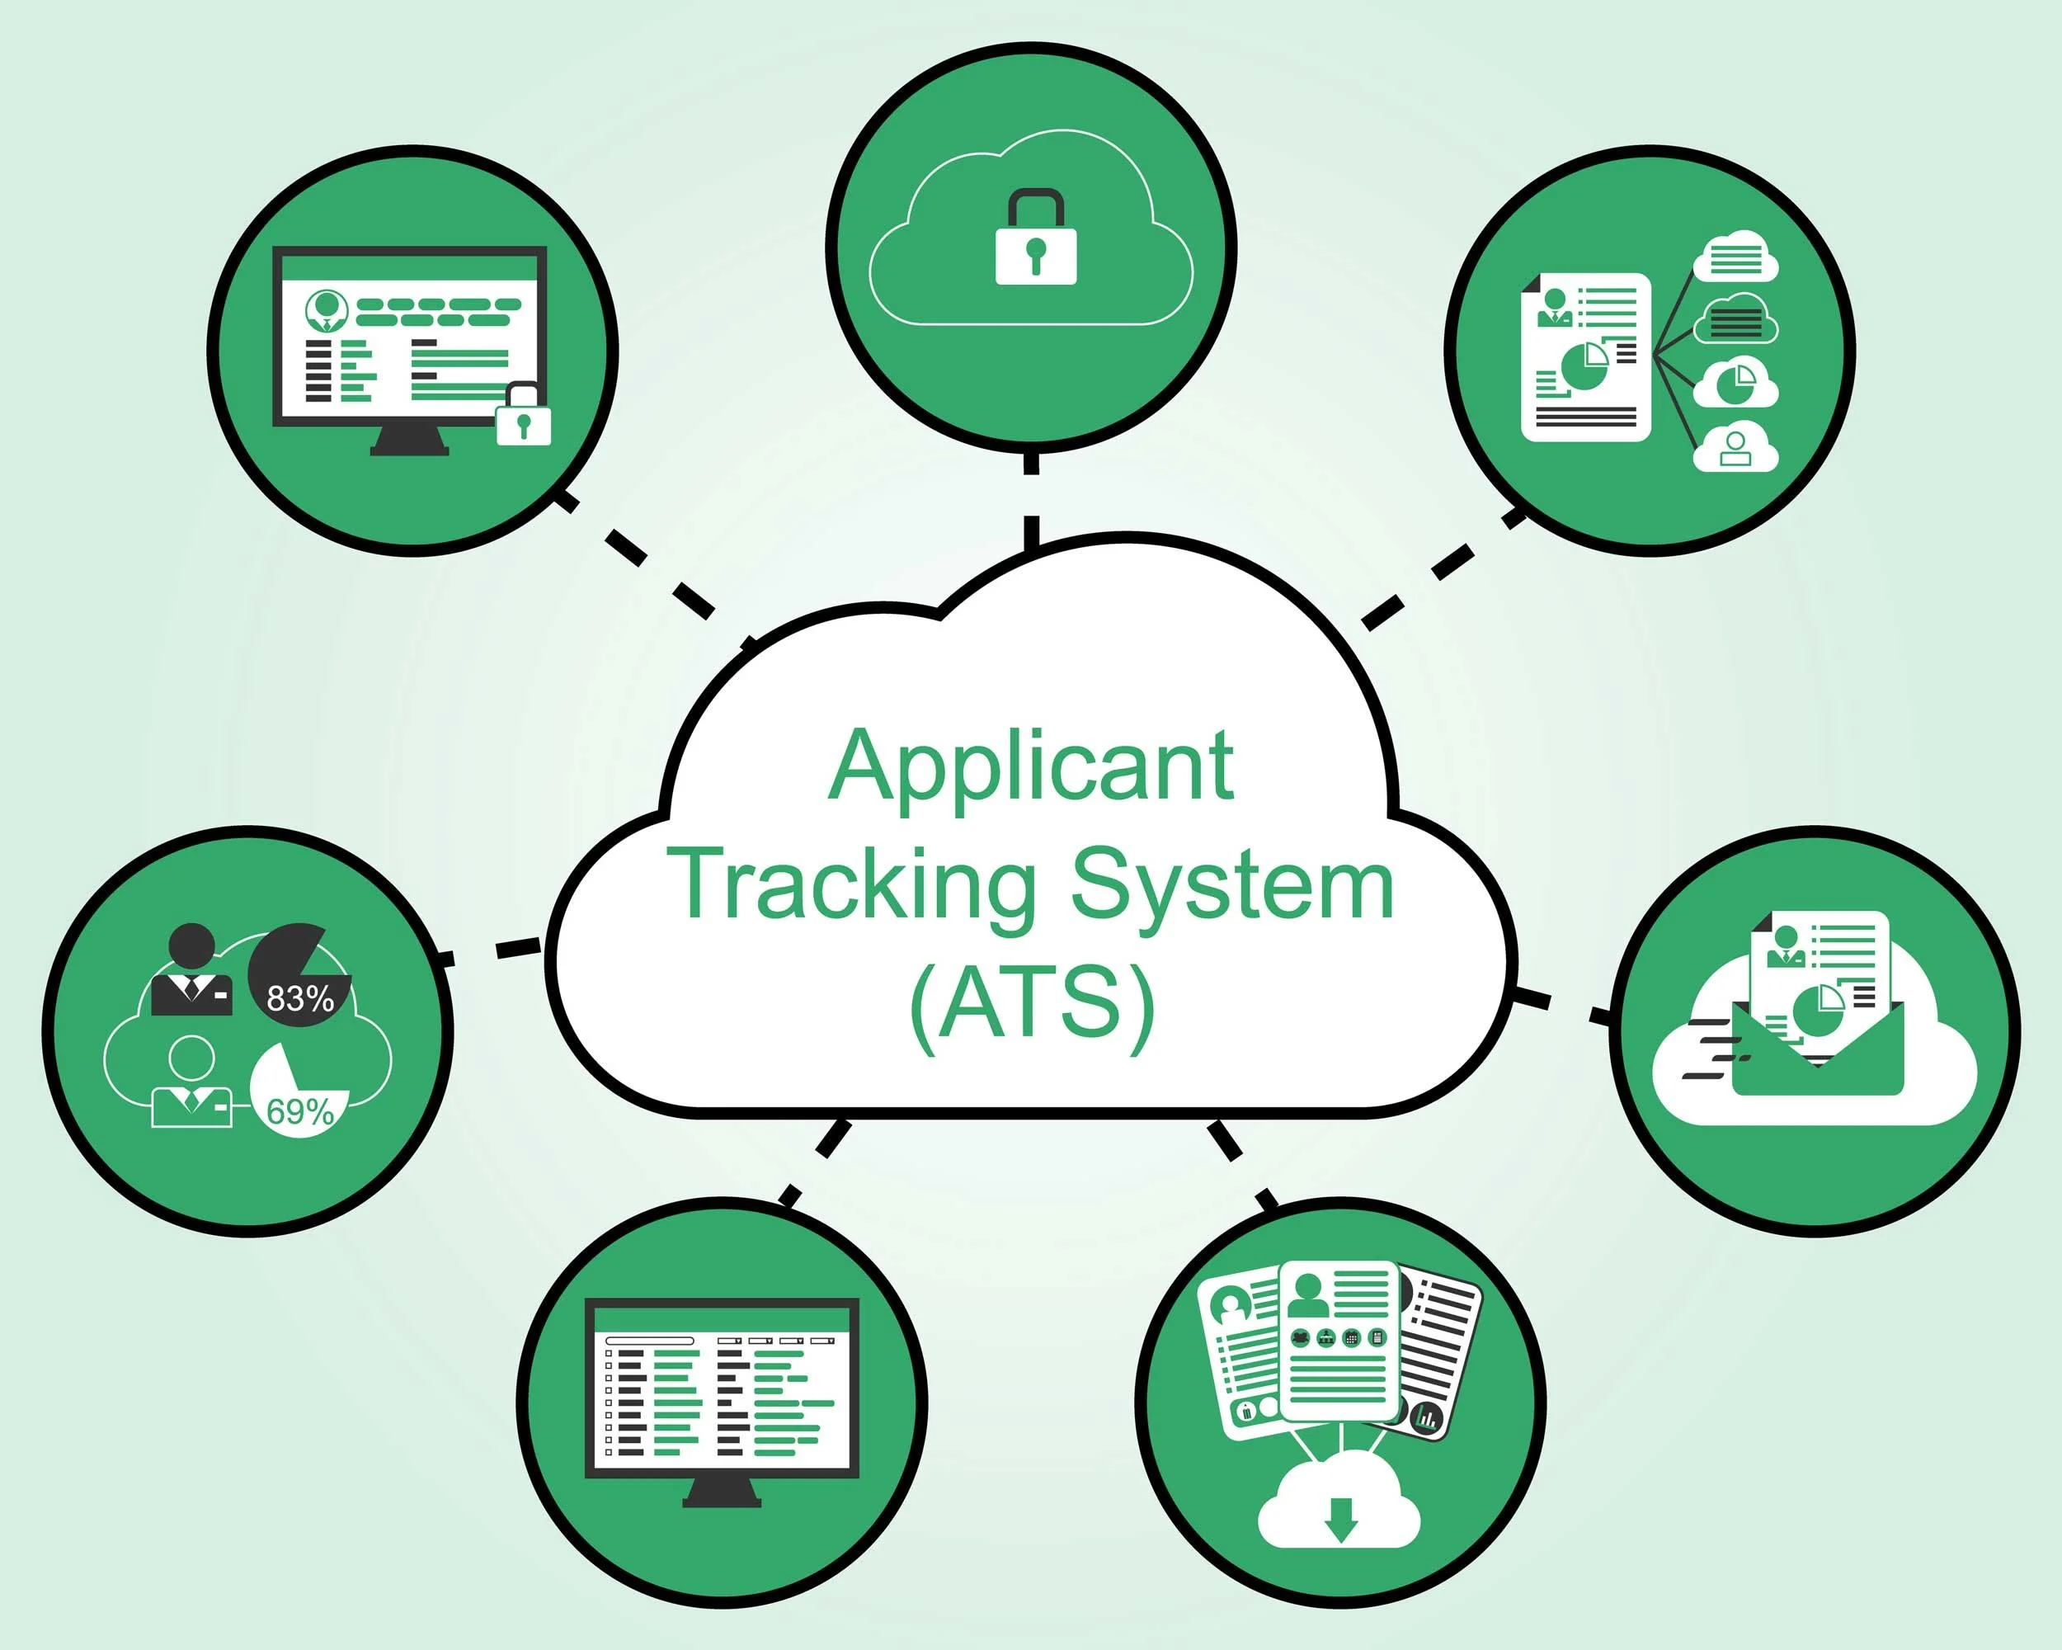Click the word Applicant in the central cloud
coord(1030,768)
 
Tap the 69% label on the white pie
coord(300,1110)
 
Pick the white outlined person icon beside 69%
coord(192,1082)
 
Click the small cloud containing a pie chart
coord(1735,384)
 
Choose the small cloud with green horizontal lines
coord(1735,257)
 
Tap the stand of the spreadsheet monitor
coord(722,1492)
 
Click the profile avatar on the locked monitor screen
coord(325,308)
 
